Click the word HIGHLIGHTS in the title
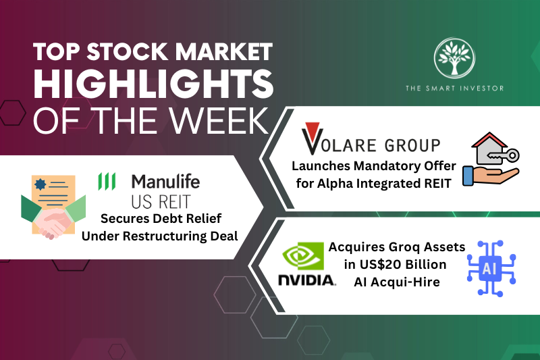[x=153, y=86]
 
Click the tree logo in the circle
[x=454, y=59]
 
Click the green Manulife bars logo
[x=107, y=181]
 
